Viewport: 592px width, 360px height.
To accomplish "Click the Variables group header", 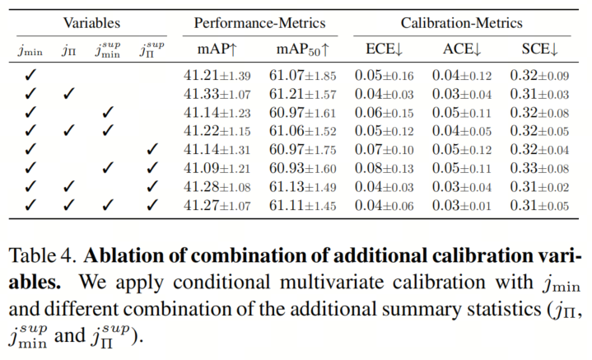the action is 91,23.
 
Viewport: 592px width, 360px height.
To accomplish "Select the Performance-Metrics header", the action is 259,23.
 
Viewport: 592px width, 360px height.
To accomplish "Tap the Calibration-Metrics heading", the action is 462,23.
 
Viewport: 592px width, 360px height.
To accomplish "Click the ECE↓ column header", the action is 384,49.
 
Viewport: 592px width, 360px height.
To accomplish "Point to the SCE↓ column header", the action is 540,49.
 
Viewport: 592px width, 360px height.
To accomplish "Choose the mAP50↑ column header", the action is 303,49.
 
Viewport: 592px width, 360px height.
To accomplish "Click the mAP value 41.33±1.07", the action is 217,94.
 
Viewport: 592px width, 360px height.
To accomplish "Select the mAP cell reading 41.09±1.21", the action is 217,168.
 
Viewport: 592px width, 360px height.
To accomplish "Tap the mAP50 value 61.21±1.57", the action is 302,94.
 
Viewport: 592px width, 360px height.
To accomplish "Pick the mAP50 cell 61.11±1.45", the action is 302,205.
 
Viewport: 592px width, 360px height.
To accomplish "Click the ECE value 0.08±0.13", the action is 384,168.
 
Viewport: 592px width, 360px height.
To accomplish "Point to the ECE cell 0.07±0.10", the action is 384,150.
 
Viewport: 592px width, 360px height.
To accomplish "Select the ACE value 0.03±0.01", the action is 462,205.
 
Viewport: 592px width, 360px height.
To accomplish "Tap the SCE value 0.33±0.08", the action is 539,168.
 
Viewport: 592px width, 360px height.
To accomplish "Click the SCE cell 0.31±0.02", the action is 539,187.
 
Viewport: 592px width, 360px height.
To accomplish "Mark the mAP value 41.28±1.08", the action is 217,187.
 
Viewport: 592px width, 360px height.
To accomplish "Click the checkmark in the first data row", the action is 30,75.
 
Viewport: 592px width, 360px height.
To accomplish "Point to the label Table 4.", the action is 40,255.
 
